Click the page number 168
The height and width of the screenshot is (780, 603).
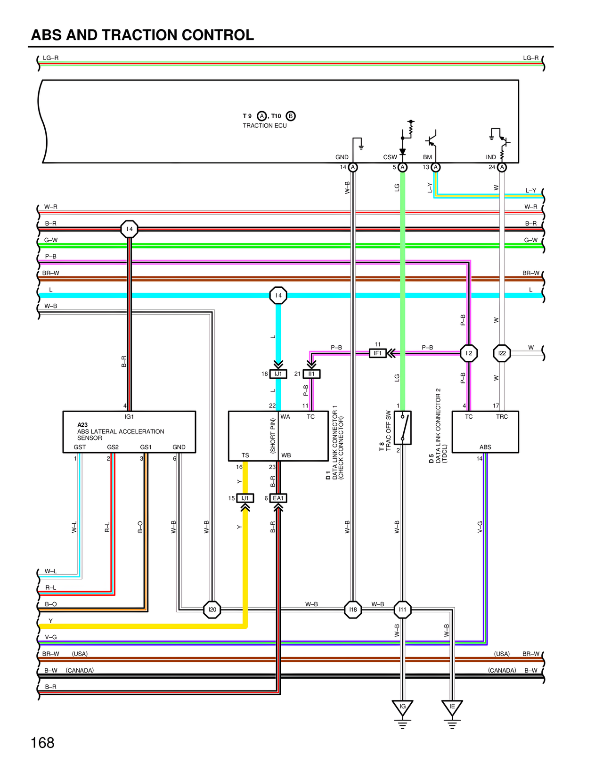pyautogui.click(x=42, y=743)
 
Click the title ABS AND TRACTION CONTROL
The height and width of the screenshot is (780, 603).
pyautogui.click(x=142, y=35)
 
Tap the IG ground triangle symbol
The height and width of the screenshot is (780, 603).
pyautogui.click(x=402, y=707)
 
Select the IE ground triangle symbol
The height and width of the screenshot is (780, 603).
pyautogui.click(x=452, y=707)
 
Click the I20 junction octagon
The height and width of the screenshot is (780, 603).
pyautogui.click(x=212, y=609)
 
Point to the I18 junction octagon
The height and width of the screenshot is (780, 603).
pyautogui.click(x=353, y=609)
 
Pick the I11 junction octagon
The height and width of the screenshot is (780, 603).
pyautogui.click(x=402, y=609)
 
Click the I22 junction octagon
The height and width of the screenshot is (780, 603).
pyautogui.click(x=502, y=353)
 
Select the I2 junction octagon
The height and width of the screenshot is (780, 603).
pyautogui.click(x=469, y=353)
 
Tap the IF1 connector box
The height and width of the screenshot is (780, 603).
pyautogui.click(x=377, y=353)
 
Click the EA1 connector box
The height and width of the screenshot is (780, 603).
pyautogui.click(x=278, y=498)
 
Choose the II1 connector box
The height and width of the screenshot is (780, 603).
pyautogui.click(x=311, y=374)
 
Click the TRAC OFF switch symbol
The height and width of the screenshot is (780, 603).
pyautogui.click(x=403, y=428)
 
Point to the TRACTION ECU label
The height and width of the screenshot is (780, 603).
pyautogui.click(x=265, y=126)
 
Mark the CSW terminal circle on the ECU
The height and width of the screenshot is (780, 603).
pyautogui.click(x=402, y=167)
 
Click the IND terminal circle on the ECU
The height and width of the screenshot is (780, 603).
pyautogui.click(x=502, y=167)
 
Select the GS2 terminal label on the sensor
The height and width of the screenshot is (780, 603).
pyautogui.click(x=113, y=447)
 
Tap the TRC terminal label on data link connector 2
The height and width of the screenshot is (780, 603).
pyautogui.click(x=502, y=417)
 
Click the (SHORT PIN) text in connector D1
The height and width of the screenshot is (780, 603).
pyautogui.click(x=273, y=436)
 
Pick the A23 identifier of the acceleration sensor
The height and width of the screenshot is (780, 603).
pyautogui.click(x=82, y=425)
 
